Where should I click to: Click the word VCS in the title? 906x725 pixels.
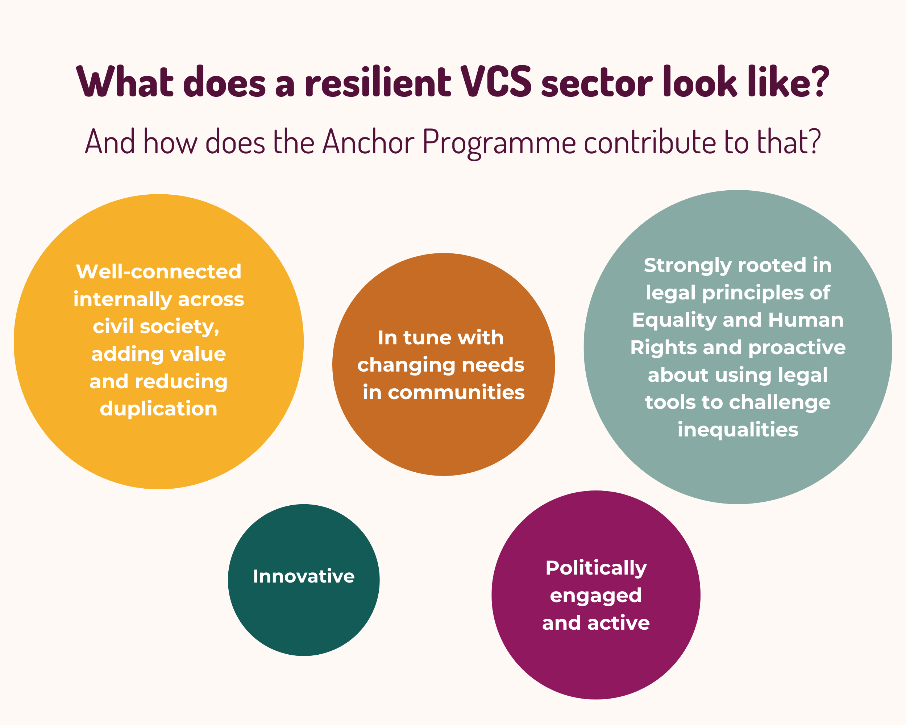click(x=496, y=82)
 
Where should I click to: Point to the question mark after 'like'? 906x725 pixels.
click(x=819, y=81)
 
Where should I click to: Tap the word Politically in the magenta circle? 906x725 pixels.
click(x=596, y=568)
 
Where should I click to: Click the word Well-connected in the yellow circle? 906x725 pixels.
click(x=158, y=272)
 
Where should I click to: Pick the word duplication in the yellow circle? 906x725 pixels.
click(x=158, y=409)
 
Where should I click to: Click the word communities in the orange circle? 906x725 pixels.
click(x=456, y=393)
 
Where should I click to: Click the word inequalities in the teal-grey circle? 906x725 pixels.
click(x=737, y=430)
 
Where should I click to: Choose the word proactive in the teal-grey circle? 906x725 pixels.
click(x=797, y=348)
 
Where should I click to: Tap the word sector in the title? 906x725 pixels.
click(x=597, y=82)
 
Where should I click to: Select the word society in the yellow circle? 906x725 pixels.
click(x=179, y=327)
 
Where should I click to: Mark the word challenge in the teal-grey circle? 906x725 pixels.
click(x=780, y=402)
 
